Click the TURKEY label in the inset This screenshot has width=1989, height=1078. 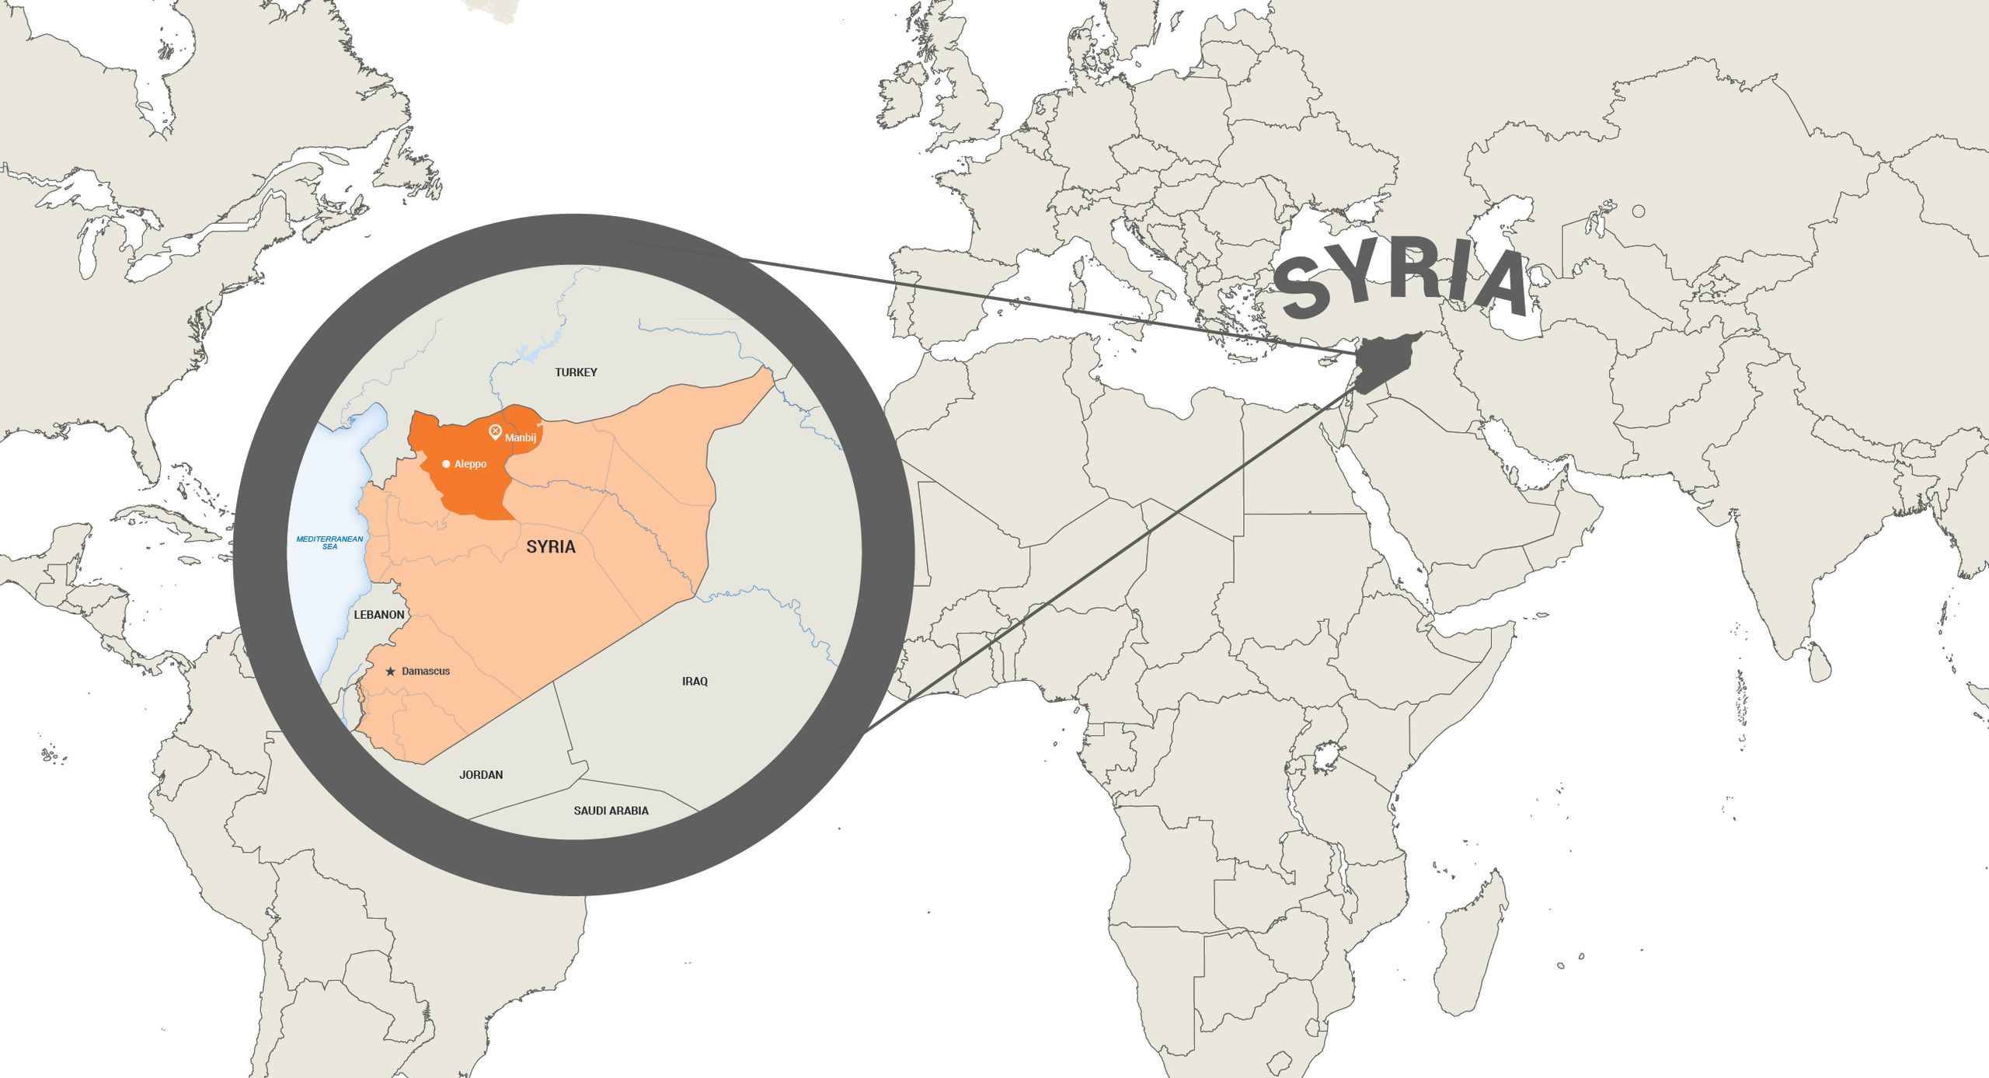pos(576,372)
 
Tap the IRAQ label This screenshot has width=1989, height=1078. pos(695,682)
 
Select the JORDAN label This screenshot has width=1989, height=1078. pos(481,775)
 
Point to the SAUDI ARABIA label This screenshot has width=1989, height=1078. pos(611,811)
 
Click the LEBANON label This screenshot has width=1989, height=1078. pos(379,615)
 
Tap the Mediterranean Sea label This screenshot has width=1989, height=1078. pos(329,542)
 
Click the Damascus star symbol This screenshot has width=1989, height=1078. pos(390,672)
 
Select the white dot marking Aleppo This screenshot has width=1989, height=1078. pos(446,464)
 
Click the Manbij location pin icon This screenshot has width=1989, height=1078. pos(495,432)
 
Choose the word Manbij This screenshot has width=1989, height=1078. pos(521,438)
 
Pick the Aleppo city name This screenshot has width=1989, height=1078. pos(470,464)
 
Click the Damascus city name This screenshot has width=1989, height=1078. pos(426,672)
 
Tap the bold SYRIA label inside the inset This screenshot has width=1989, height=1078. pos(551,547)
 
